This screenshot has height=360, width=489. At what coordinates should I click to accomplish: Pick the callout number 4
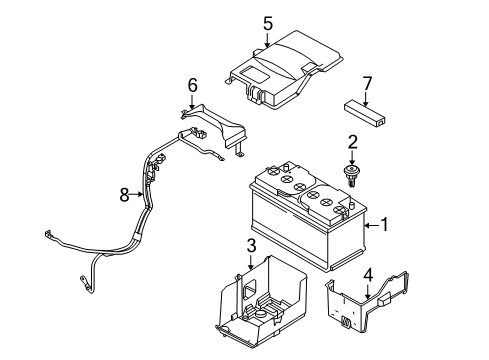click(368, 273)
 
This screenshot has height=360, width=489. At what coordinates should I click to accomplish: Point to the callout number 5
click(267, 21)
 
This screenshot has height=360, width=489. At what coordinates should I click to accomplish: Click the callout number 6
click(193, 86)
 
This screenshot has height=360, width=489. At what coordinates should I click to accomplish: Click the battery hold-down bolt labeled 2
click(352, 178)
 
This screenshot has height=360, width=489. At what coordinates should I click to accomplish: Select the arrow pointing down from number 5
click(267, 40)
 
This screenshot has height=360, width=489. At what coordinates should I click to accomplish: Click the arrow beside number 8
click(140, 195)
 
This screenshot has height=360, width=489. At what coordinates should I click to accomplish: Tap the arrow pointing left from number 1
click(368, 226)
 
